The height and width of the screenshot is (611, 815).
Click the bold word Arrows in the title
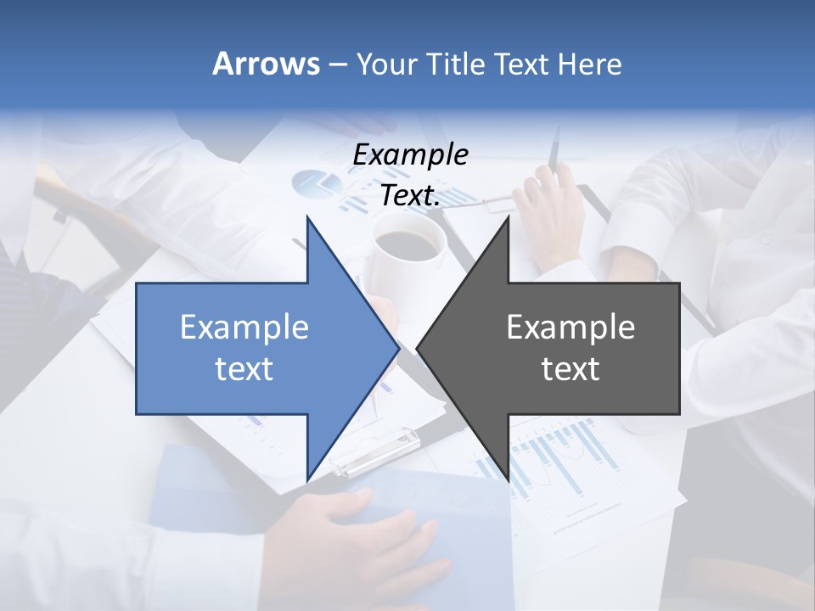[265, 64]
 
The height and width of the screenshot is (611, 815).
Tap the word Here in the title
[589, 64]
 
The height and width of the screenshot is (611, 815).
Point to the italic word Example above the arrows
[410, 154]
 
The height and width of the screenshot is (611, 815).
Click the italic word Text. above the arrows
[410, 195]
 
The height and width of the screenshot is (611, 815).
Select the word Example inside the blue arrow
[244, 327]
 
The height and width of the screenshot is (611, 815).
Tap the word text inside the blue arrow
[244, 368]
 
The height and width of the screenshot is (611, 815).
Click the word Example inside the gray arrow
[570, 327]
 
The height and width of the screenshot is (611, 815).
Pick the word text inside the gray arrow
[570, 368]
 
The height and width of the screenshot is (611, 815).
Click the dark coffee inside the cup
[411, 244]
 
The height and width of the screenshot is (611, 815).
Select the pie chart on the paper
[316, 183]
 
